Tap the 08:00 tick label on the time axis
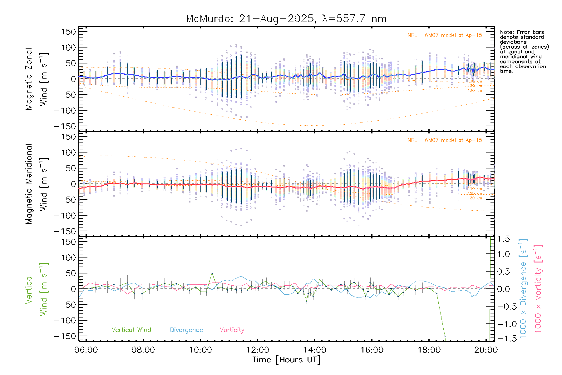click(x=143, y=350)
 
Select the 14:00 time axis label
click(x=314, y=350)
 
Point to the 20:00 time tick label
click(x=486, y=350)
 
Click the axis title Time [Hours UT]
click(x=286, y=360)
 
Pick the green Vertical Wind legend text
click(x=131, y=330)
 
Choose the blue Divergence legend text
click(x=186, y=330)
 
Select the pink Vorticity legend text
click(x=232, y=330)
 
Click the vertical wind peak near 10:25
click(x=212, y=273)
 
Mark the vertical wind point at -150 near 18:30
click(x=445, y=336)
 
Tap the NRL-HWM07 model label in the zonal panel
click(x=445, y=35)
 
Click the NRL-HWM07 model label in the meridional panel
click(x=445, y=140)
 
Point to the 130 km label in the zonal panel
click(x=475, y=91)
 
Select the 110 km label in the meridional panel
click(x=475, y=189)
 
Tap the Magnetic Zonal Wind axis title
click(x=37, y=79)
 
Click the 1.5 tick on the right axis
click(x=503, y=239)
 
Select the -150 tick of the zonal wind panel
click(x=65, y=126)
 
